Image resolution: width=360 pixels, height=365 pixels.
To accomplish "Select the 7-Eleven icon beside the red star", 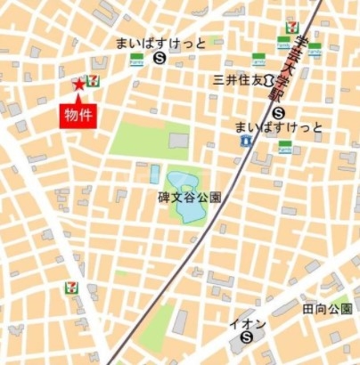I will coord(93,81).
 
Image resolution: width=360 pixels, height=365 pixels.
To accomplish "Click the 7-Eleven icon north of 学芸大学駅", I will coord(290,28).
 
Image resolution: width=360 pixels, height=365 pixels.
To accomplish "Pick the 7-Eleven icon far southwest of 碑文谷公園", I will coord(70,288).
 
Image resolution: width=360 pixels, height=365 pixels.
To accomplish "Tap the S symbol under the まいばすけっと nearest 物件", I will coord(159,58).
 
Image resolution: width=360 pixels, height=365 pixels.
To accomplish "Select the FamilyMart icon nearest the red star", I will coord(137,59).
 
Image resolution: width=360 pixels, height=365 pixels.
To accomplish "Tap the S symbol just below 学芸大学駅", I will coord(279,113).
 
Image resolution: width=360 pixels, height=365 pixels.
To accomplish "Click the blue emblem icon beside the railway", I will coord(245,141).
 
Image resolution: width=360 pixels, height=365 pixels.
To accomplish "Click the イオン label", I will coord(247,323).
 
